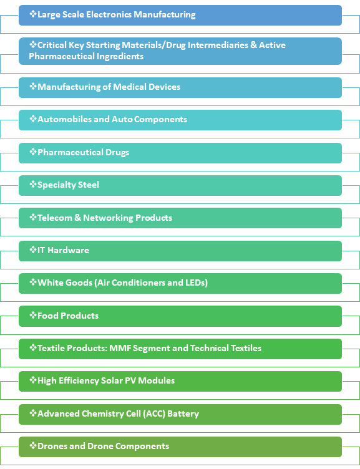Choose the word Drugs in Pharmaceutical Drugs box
pos(117,153)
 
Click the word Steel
pos(88,185)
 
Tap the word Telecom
pos(55,218)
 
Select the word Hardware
pos(68,250)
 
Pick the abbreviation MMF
pos(120,348)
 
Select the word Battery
pos(183,414)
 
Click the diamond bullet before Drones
pos(33,445)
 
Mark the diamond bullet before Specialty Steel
pos(33,184)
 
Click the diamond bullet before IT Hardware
pos(33,249)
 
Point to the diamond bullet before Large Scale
pos(33,14)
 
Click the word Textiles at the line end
pos(246,348)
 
